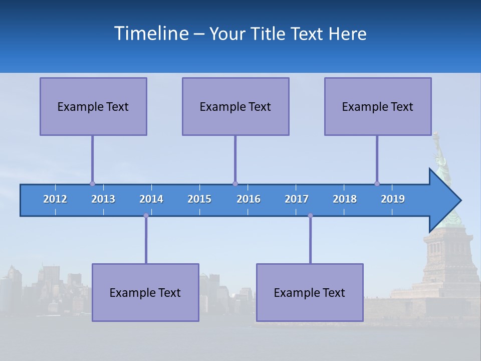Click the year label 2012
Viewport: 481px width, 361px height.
pos(55,199)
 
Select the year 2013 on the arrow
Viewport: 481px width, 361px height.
pos(103,199)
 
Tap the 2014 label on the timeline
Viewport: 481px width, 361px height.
pos(151,199)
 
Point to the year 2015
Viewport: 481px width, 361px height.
pos(199,199)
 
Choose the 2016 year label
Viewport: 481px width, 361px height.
pos(249,199)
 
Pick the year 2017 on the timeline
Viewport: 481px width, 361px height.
pos(297,199)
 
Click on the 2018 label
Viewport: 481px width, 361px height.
pos(345,199)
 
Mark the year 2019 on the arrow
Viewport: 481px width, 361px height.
pos(393,199)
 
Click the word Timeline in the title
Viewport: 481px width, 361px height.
pos(151,34)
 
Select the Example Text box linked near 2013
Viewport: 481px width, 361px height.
pos(93,106)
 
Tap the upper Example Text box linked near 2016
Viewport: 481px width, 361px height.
pos(235,106)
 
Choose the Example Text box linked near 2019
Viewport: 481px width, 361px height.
pos(378,106)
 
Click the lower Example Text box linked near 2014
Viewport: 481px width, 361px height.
pos(145,292)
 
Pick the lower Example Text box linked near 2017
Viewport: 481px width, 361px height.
pos(310,292)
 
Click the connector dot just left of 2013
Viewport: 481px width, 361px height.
pos(92,184)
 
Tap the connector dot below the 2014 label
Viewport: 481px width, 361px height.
pos(146,216)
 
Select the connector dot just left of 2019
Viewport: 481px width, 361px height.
pos(377,184)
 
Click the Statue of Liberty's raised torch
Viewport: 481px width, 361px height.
pos(435,136)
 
